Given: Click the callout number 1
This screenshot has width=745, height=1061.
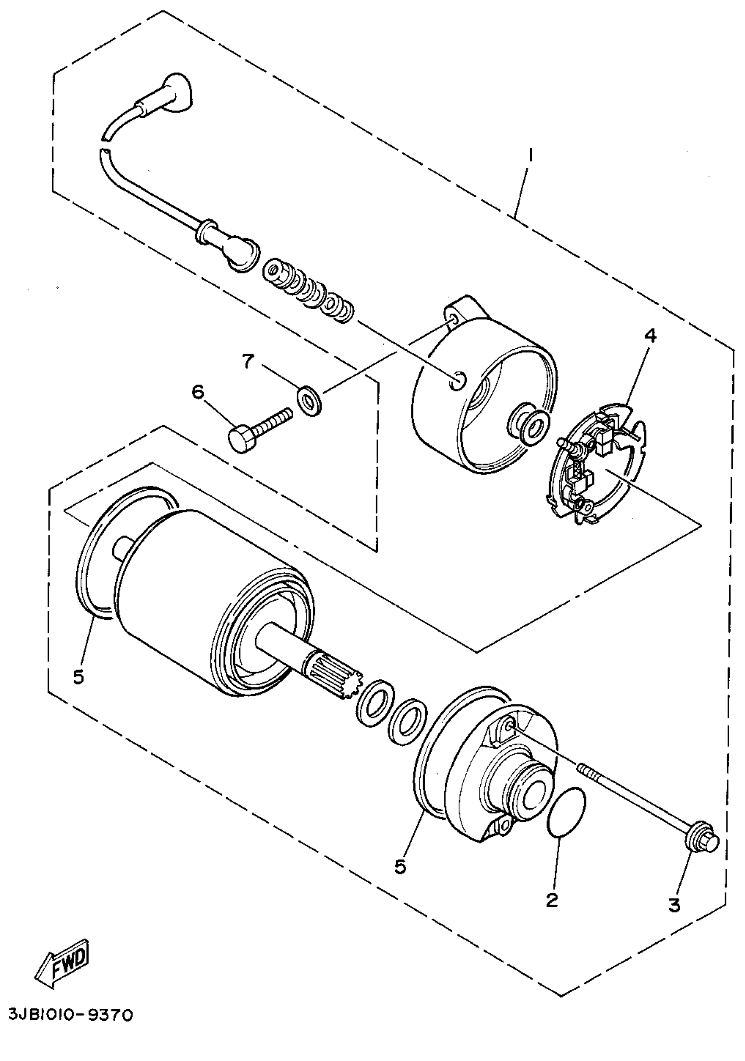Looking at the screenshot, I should coord(531,154).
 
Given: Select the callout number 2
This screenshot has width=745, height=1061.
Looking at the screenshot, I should coord(551,899).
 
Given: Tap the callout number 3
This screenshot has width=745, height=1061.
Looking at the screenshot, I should coord(674,904).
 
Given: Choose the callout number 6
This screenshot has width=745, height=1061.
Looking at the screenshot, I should coord(197,393).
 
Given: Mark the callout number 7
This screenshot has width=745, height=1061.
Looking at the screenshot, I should coord(248,362).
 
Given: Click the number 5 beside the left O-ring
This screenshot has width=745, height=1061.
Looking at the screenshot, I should coord(78,677).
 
